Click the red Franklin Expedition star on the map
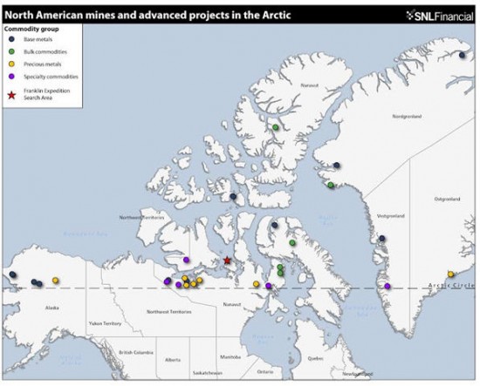click(x=226, y=260)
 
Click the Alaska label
click(x=51, y=308)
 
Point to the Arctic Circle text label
click(x=451, y=286)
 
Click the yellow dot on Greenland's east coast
click(x=451, y=274)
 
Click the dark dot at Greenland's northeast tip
click(x=461, y=54)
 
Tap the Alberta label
click(x=173, y=359)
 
